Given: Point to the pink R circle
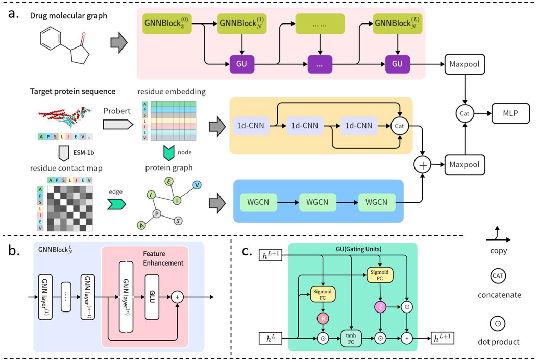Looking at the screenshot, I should [x=322, y=319].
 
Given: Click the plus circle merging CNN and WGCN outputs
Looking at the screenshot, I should [x=423, y=165].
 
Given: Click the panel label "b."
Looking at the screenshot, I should [x=15, y=250].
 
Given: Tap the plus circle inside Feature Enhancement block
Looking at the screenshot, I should [x=178, y=296].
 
